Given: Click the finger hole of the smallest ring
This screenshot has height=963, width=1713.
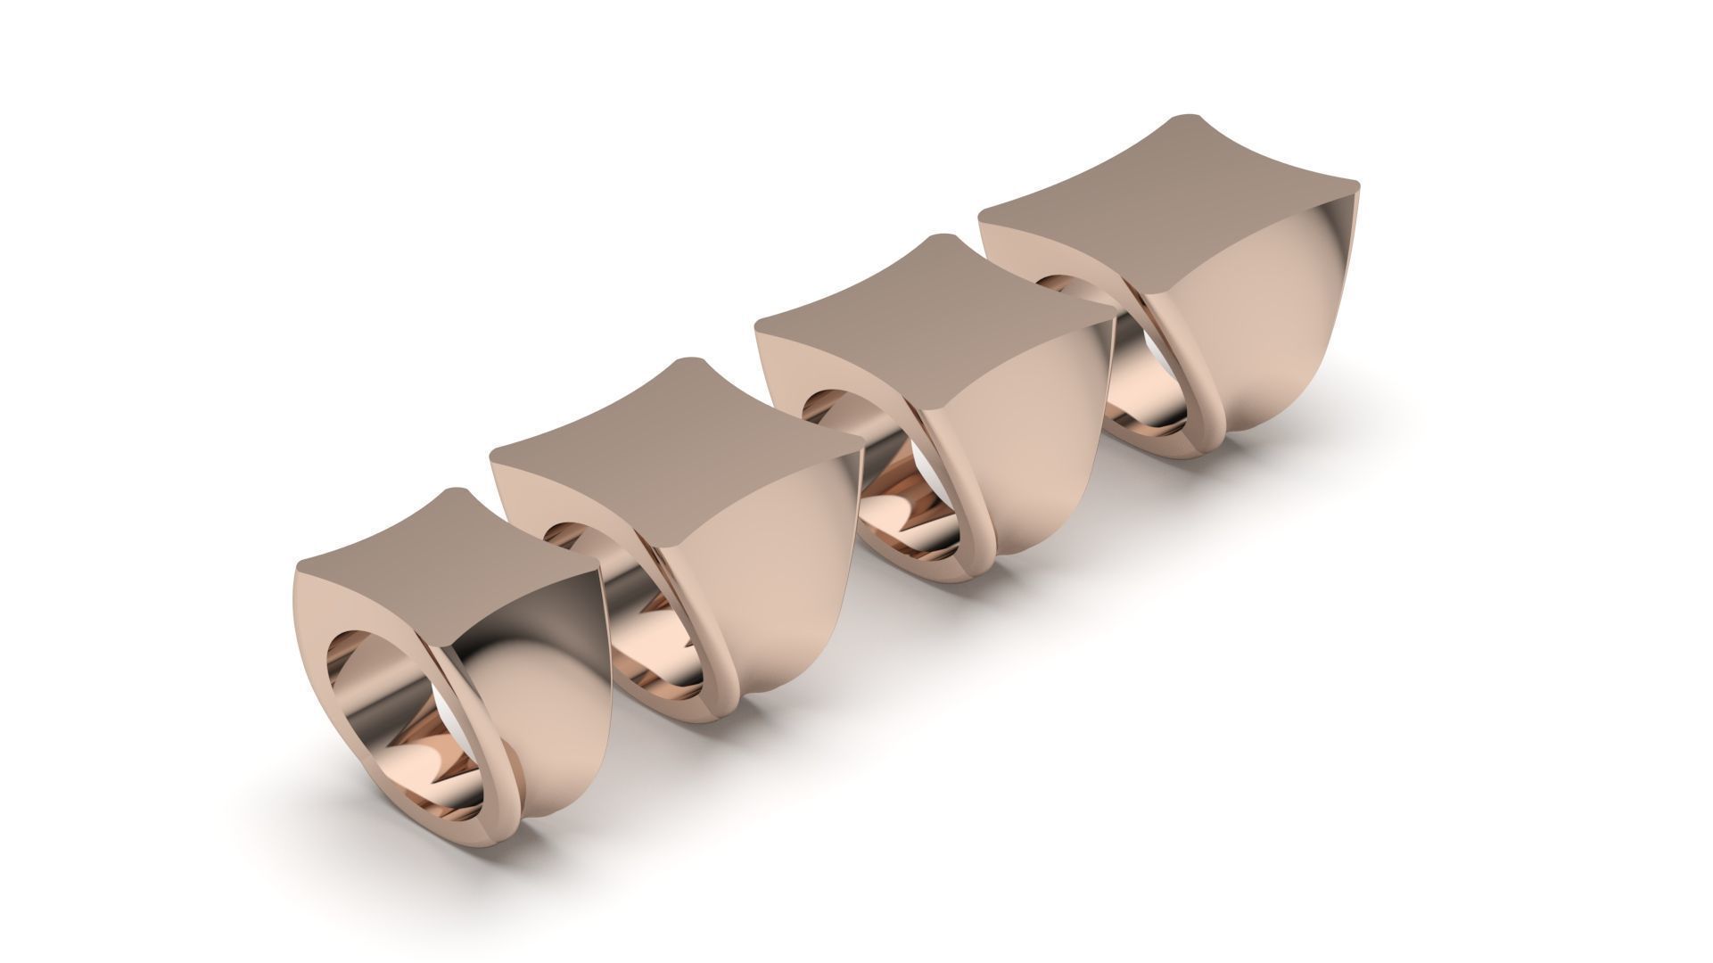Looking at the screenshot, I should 392,704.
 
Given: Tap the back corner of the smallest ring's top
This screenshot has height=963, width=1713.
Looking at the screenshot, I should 457,492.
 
